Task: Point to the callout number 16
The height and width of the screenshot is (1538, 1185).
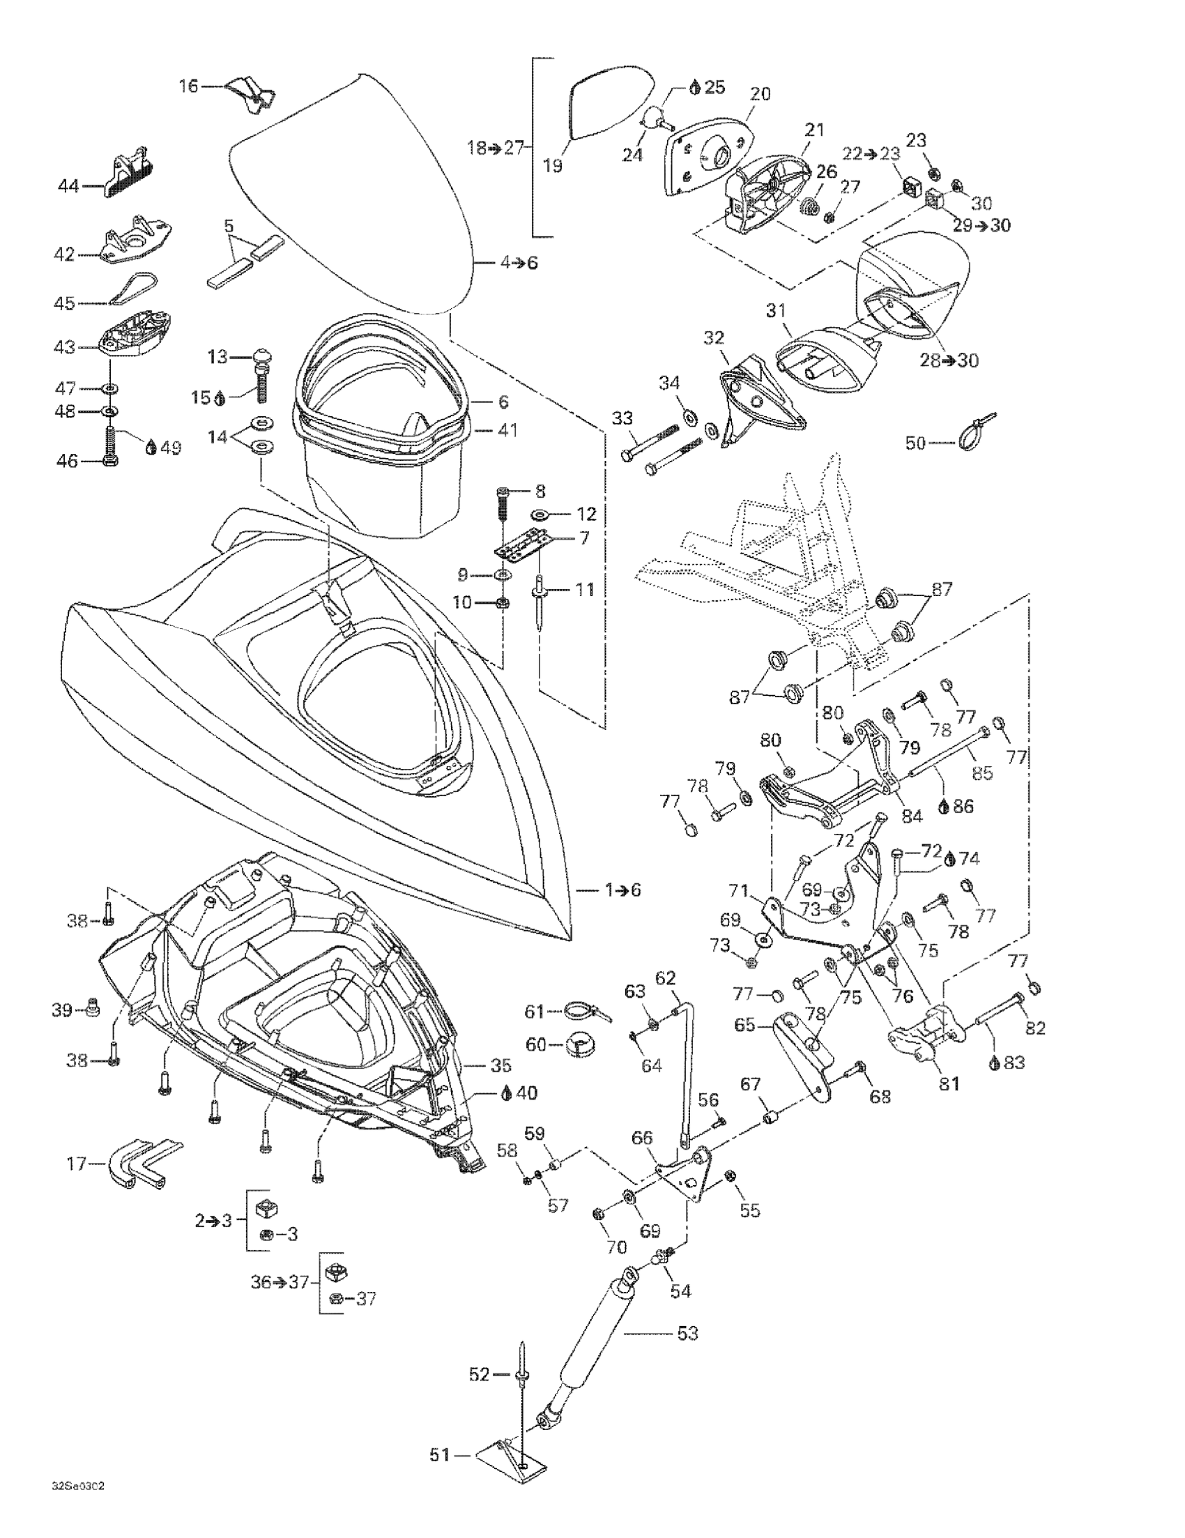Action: (x=189, y=86)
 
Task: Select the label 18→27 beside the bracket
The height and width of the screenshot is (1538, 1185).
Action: (x=496, y=147)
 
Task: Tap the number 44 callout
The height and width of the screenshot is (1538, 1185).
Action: (x=68, y=186)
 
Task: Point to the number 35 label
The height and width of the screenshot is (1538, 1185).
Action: (x=500, y=1065)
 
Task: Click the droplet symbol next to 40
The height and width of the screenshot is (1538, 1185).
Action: (x=506, y=1093)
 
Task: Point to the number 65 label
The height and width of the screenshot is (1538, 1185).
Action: (x=745, y=1025)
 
